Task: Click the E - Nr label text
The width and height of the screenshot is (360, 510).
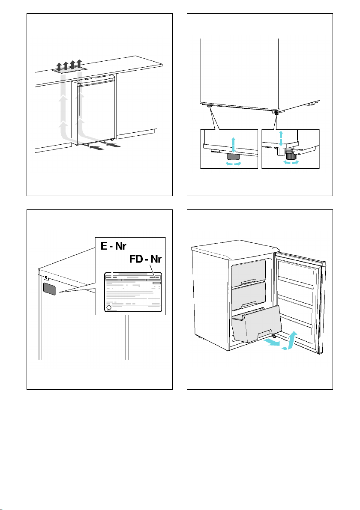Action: point(113,246)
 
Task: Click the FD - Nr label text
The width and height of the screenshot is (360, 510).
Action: point(145,259)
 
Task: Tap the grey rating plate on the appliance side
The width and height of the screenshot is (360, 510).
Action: point(49,289)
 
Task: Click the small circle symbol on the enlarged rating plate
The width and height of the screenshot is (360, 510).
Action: point(109,307)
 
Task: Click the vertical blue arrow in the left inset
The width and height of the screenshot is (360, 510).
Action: point(233,145)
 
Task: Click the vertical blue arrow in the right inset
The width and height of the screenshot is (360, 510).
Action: point(281,138)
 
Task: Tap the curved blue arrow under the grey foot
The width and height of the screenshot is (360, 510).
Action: point(233,164)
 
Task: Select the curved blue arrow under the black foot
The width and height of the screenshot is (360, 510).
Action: point(291,162)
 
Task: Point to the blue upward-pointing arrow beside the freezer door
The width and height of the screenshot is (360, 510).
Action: point(292,340)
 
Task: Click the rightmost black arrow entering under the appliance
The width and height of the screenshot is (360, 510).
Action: point(113,145)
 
